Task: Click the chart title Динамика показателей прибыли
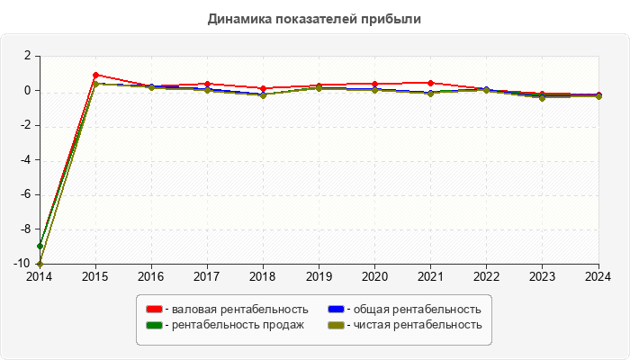(x=314, y=18)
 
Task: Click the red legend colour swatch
(x=155, y=309)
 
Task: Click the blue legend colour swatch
(x=336, y=309)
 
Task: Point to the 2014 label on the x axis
(x=40, y=277)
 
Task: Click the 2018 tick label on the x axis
(x=263, y=277)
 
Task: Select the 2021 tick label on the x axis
(x=431, y=277)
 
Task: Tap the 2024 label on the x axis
(x=598, y=277)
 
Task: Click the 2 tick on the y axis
(x=27, y=56)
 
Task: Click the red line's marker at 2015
(x=95, y=75)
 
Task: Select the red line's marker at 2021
(x=431, y=83)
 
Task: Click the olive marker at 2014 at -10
(x=40, y=264)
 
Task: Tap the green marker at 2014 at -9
(x=40, y=247)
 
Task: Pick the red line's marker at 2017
(x=207, y=84)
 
